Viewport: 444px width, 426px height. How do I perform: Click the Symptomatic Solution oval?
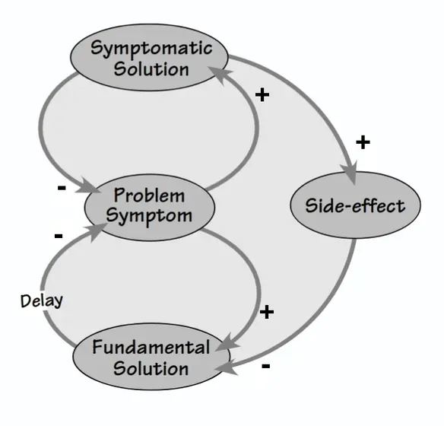pos(149,58)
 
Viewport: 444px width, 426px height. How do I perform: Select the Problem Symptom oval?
pos(149,208)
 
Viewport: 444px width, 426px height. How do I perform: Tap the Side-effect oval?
pos(355,205)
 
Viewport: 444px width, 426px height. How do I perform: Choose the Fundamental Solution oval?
pos(151,357)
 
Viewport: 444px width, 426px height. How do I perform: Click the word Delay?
pos(42,300)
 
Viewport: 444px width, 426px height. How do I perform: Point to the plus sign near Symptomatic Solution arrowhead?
pos(262,94)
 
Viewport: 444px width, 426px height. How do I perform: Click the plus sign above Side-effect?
pos(363,142)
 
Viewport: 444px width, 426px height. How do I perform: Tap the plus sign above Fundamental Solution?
pos(267,312)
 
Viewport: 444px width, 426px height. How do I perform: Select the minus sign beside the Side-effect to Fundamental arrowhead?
pos(266,366)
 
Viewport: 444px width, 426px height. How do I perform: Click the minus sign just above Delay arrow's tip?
pos(59,236)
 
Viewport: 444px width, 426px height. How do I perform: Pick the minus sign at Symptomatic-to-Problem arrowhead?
pos(62,187)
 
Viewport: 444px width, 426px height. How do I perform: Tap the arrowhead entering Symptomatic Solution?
pos(220,75)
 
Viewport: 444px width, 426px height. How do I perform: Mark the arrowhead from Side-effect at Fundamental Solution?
pos(226,367)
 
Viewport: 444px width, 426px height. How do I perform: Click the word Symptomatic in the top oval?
pos(151,49)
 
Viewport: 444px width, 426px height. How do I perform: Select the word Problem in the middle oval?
pos(149,196)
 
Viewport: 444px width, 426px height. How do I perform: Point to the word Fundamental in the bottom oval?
pos(151,347)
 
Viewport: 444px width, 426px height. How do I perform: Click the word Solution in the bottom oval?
pos(151,368)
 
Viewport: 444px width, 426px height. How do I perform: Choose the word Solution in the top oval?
pos(151,68)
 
